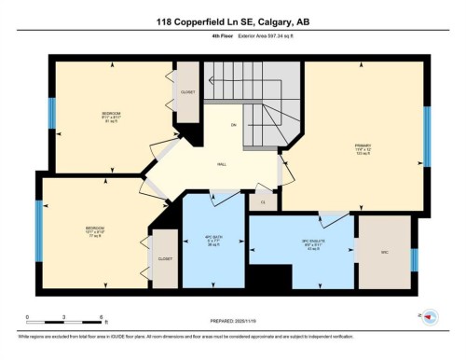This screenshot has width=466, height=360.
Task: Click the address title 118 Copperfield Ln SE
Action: point(232,21)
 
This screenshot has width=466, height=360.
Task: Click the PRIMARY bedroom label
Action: point(363,146)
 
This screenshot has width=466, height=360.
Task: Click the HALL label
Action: point(222,164)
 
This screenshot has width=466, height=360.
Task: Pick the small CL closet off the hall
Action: point(263,201)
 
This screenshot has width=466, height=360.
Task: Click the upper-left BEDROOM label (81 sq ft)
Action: point(112,115)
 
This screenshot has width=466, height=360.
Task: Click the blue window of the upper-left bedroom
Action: point(53,112)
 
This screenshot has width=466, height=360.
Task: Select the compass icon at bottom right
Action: point(431,317)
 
